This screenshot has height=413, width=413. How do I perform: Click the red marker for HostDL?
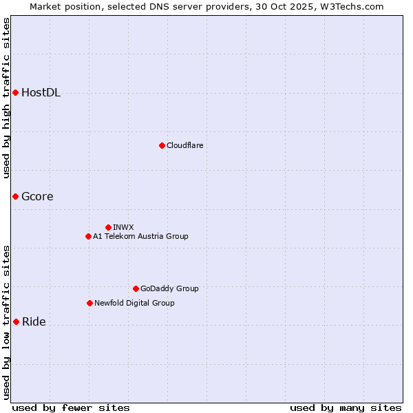tap(15, 93)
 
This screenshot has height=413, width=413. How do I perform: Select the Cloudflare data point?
tap(162, 145)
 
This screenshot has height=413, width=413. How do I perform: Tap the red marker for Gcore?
tap(15, 197)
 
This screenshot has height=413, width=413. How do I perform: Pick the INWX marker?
tap(108, 227)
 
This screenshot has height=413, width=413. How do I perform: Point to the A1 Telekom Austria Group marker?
tap(88, 236)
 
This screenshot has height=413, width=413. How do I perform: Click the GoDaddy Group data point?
tap(136, 288)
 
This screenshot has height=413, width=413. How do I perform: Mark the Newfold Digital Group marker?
tap(89, 303)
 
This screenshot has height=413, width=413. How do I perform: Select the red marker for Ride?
tap(16, 321)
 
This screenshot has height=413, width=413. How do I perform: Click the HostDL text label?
tap(41, 93)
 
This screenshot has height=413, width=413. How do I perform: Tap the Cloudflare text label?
tap(184, 145)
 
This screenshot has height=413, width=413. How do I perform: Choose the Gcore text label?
tap(37, 197)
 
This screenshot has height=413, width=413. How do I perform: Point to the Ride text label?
tap(34, 321)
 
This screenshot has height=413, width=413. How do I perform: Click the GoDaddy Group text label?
tap(169, 288)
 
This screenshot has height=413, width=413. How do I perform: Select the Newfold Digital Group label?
tap(134, 303)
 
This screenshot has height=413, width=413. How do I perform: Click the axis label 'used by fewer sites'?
tap(71, 407)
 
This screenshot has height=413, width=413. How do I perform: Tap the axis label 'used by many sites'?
tap(346, 407)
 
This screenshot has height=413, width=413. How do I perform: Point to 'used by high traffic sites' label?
tap(7, 98)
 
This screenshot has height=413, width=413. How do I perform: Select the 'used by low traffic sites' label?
tap(7, 322)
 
